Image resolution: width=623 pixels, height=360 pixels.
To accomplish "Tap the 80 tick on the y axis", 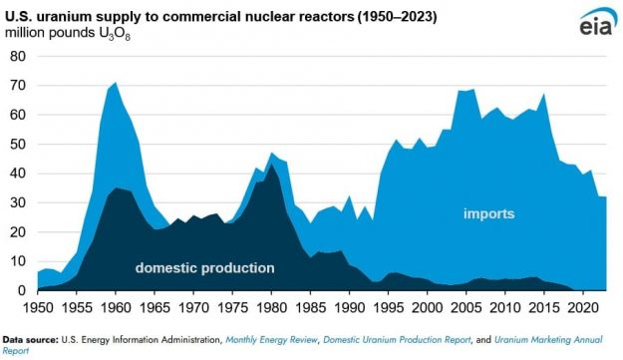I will click(x=17, y=56).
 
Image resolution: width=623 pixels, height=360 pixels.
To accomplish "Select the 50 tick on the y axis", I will click(x=17, y=144).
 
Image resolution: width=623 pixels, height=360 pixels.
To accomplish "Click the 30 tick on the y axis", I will click(x=17, y=202).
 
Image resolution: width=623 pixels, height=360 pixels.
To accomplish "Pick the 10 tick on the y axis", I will click(x=17, y=261).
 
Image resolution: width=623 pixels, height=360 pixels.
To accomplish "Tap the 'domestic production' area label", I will click(x=204, y=267).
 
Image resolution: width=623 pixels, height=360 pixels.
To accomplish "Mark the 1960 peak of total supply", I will click(x=117, y=83).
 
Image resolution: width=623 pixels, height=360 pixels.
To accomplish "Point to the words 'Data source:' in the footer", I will click(x=30, y=339).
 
